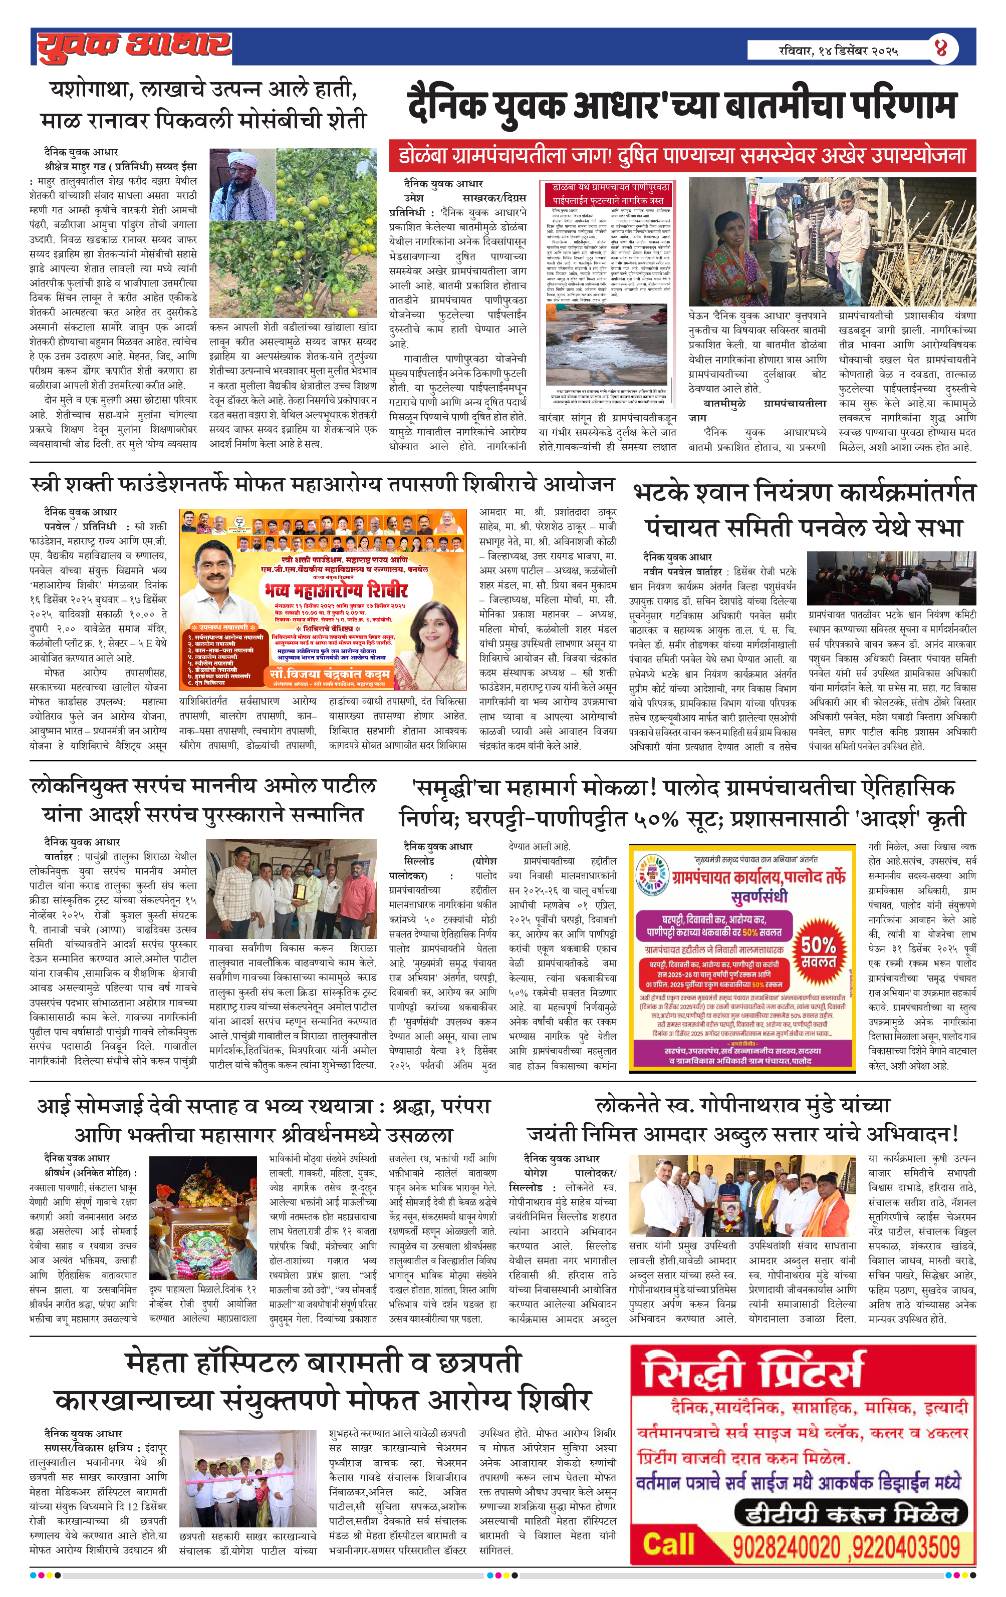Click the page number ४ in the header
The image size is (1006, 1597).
pos(941,49)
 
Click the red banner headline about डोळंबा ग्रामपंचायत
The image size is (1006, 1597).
pos(682,156)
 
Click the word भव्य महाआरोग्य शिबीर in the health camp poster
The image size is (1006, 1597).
pos(335,589)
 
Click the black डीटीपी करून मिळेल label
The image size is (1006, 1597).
pos(851,1514)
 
